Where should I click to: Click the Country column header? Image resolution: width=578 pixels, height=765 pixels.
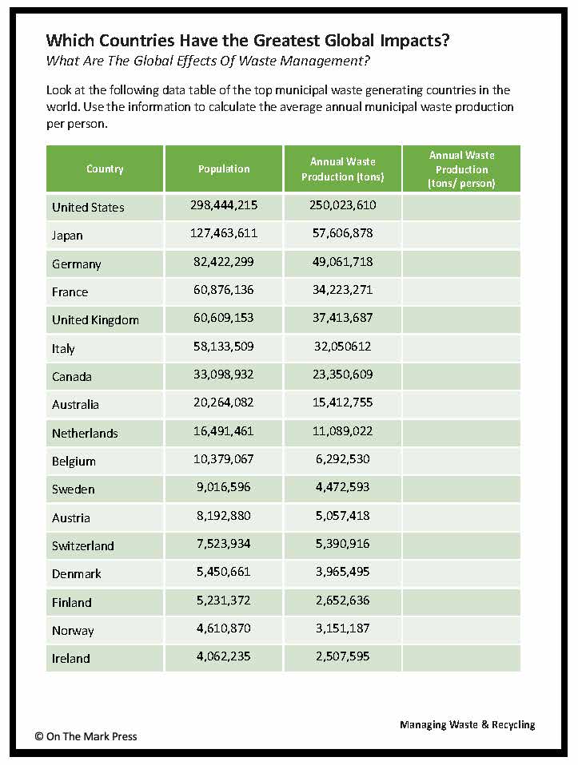pos(105,169)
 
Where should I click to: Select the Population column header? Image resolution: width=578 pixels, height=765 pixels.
pos(224,168)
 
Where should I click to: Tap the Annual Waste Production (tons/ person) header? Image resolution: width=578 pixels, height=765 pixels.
pos(461,169)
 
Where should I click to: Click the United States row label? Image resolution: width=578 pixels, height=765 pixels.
pos(88,207)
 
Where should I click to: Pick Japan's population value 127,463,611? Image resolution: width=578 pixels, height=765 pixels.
pos(224,234)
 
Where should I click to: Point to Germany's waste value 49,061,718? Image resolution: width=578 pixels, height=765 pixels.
pos(342,262)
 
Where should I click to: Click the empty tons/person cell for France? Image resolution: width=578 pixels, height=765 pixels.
pos(461,291)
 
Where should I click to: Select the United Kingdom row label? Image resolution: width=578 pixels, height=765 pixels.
pos(95,319)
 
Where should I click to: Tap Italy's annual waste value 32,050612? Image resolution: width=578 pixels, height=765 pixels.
pos(342,347)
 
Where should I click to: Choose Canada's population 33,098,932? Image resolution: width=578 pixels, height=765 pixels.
pos(224,375)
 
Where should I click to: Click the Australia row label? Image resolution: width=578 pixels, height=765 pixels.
pos(75,404)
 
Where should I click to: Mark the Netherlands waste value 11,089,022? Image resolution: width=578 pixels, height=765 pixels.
pos(342,431)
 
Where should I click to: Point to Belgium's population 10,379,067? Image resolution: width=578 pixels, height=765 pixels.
pos(224,460)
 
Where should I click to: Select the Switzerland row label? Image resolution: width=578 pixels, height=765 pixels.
pos(83,545)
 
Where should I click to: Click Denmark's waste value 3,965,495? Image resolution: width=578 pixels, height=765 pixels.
pos(342,573)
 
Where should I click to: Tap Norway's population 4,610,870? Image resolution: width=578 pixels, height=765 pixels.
pos(224,629)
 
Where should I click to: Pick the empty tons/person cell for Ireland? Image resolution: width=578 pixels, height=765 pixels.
pos(461,658)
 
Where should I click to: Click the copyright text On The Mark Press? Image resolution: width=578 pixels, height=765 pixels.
pos(86,736)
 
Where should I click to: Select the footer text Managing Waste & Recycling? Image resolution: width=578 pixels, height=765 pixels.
pos(467,724)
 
